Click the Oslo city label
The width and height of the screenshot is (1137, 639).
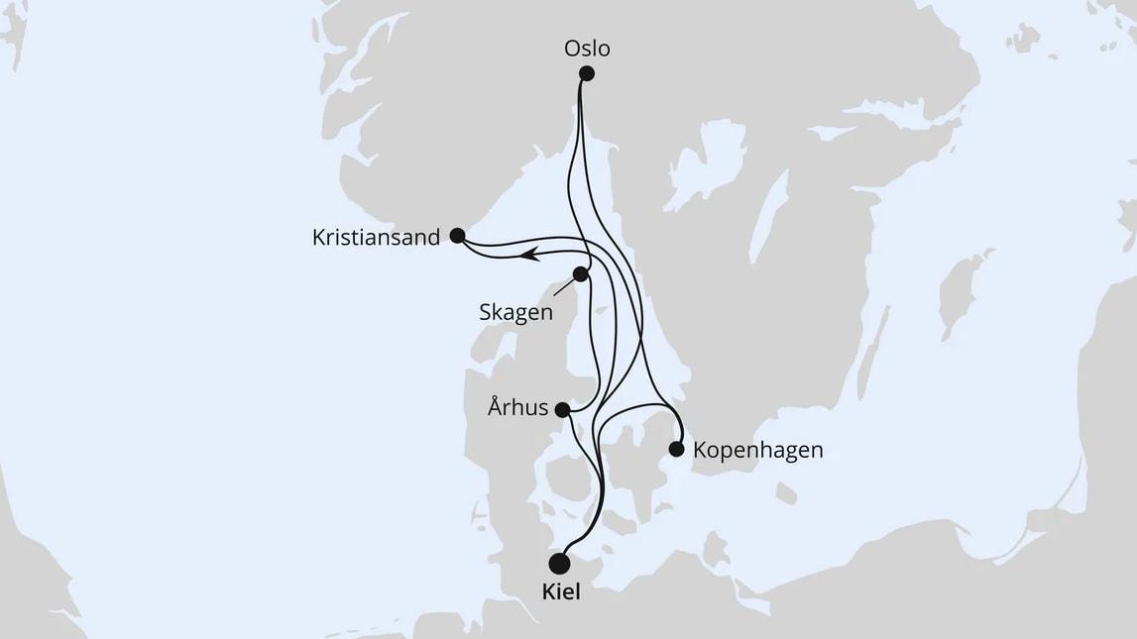tap(586, 48)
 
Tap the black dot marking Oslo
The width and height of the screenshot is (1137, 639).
tap(586, 73)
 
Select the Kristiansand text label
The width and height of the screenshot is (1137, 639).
tap(375, 239)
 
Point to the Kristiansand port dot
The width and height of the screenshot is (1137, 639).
tap(457, 236)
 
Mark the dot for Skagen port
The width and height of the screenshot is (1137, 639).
tap(580, 273)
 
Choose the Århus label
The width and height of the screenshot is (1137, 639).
tap(517, 407)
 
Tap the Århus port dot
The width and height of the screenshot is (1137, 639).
tap(562, 409)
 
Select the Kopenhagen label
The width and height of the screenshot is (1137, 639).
tap(757, 450)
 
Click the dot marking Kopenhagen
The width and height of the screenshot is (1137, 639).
tap(676, 449)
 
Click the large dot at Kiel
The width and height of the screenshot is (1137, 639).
tap(560, 564)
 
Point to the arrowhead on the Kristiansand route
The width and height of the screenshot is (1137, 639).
tap(530, 256)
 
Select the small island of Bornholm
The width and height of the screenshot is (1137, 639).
tap(786, 492)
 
